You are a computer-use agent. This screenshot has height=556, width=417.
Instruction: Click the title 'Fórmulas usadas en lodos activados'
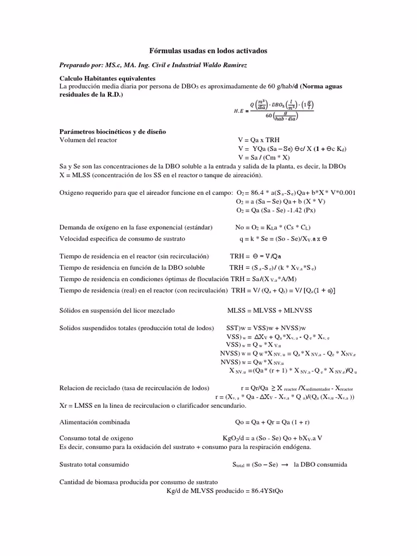pyautogui.click(x=208, y=50)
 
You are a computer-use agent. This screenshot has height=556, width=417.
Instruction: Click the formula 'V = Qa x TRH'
pyautogui.click(x=258, y=140)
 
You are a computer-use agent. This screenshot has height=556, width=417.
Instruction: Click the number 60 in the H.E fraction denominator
pyautogui.click(x=269, y=115)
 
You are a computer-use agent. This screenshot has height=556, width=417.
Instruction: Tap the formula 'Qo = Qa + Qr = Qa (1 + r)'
pyautogui.click(x=272, y=422)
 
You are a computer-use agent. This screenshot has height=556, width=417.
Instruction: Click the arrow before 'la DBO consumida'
pyautogui.click(x=283, y=465)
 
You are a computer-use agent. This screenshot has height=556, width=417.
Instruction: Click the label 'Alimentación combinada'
pyautogui.click(x=94, y=422)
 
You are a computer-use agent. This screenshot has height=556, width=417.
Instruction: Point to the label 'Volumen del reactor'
pyautogui.click(x=88, y=140)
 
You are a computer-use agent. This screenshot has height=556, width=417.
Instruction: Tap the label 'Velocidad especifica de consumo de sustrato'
pyautogui.click(x=122, y=239)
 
